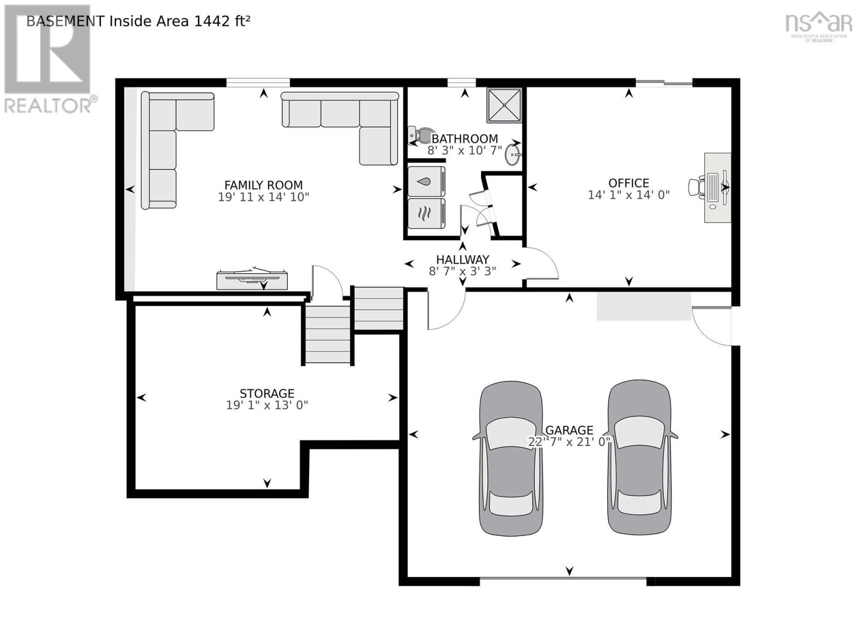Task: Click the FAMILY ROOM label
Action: click(x=263, y=185)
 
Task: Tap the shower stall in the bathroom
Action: click(x=504, y=105)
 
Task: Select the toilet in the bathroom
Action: click(x=421, y=135)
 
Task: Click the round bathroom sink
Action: click(x=513, y=156)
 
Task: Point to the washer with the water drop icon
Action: click(x=426, y=182)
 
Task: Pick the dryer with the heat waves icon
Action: click(x=426, y=213)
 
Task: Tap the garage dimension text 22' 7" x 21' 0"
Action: click(x=569, y=442)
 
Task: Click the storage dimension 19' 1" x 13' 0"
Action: click(x=267, y=405)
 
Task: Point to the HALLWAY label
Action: click(x=462, y=259)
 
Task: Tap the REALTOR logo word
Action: click(x=48, y=105)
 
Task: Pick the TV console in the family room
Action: click(x=252, y=279)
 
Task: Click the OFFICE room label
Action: click(x=628, y=183)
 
